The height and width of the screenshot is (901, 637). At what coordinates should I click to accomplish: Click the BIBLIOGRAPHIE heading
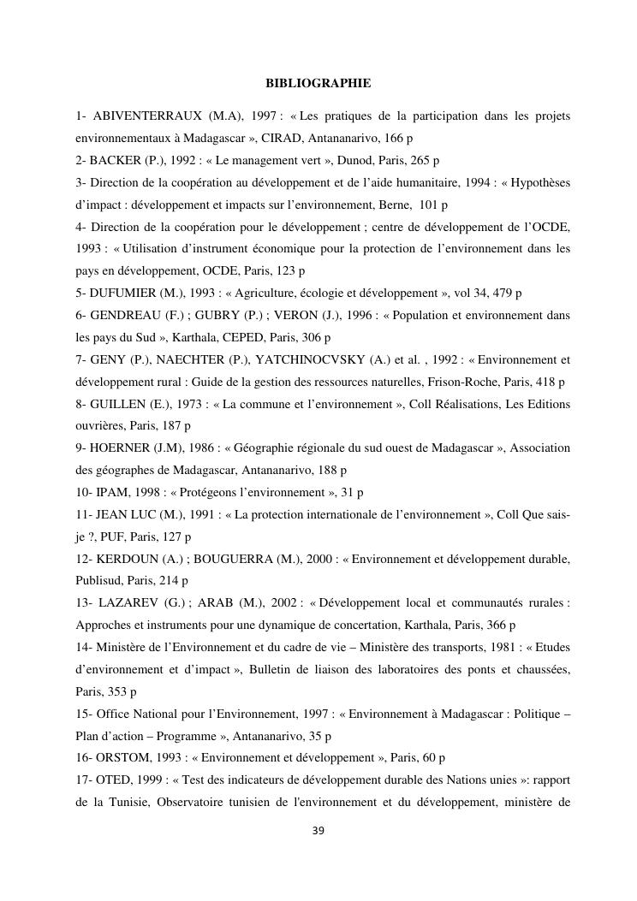tap(318, 83)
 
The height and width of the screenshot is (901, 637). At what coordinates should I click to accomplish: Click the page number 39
tap(318, 830)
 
